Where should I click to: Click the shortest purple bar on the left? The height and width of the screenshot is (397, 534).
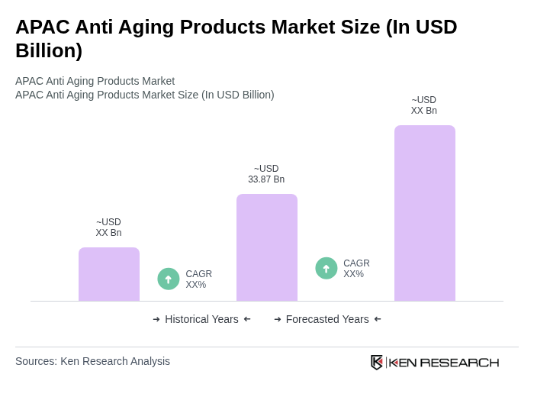(x=109, y=274)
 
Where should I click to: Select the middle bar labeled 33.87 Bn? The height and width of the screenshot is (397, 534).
(x=266, y=247)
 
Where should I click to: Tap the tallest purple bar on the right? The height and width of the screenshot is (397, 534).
(x=424, y=213)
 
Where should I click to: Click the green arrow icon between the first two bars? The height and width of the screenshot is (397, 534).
(x=169, y=279)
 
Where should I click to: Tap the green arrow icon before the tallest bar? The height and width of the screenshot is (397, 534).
(x=327, y=269)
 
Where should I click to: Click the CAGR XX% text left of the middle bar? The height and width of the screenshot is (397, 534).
(x=198, y=279)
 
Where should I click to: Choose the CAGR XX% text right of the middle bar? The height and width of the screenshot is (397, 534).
(x=356, y=269)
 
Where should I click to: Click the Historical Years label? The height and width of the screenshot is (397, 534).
(x=201, y=319)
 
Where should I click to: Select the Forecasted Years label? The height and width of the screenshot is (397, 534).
(x=327, y=319)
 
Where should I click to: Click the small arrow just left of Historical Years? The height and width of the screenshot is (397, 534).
(x=156, y=319)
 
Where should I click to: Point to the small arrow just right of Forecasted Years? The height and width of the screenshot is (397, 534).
(x=378, y=319)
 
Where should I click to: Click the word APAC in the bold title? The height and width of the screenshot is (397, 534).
(x=40, y=27)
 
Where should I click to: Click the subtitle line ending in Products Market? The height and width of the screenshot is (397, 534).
(x=95, y=81)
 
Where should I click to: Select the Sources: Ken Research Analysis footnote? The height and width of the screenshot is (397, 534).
(x=92, y=361)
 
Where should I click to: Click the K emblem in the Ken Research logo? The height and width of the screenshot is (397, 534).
(x=377, y=362)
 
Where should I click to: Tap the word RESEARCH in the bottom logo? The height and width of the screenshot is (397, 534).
(x=459, y=362)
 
